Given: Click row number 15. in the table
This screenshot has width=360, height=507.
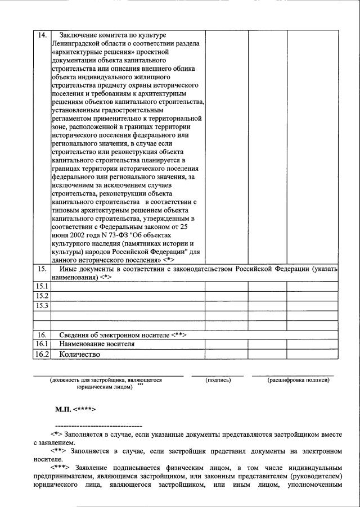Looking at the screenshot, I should click(x=42, y=269).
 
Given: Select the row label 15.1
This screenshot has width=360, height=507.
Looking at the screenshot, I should click(x=42, y=287).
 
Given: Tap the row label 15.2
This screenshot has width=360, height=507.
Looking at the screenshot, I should click(x=42, y=296).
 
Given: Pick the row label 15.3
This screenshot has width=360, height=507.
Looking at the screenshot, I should click(x=42, y=305).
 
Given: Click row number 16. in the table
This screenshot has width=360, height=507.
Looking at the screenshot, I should click(x=42, y=335).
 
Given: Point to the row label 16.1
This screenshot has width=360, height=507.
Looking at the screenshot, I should click(x=42, y=344).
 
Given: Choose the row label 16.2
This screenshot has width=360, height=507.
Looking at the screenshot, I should click(x=42, y=354).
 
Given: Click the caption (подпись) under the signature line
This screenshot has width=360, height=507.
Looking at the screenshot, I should click(x=218, y=380).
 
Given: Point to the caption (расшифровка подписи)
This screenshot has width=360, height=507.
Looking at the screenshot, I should click(x=298, y=380).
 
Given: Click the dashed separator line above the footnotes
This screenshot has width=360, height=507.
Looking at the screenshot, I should click(x=98, y=426).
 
